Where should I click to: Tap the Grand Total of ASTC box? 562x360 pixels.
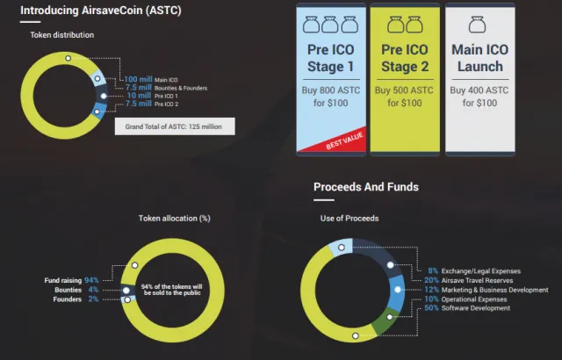[175, 126]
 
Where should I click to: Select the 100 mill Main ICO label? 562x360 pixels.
[151, 79]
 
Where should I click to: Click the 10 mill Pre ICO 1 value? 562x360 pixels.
[139, 96]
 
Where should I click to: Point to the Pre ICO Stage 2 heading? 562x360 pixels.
[405, 58]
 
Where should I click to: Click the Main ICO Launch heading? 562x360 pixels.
[480, 58]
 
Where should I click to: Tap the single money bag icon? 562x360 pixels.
[477, 25]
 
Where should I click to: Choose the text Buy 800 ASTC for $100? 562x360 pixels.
[331, 97]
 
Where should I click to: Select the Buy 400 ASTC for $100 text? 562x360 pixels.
[479, 97]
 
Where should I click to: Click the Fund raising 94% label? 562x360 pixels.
[71, 280]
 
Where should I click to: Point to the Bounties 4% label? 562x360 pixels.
[76, 290]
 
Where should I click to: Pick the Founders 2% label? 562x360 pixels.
[76, 299]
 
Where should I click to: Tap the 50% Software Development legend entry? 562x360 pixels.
[467, 307]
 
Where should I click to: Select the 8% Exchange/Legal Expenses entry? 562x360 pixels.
[474, 270]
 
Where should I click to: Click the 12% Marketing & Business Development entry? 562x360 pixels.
[486, 290]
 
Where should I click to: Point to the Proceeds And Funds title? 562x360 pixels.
[366, 187]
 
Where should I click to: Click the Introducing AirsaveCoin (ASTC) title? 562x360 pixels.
[101, 10]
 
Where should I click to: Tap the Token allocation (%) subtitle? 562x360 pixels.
[175, 218]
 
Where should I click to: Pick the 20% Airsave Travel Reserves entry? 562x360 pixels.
[468, 280]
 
